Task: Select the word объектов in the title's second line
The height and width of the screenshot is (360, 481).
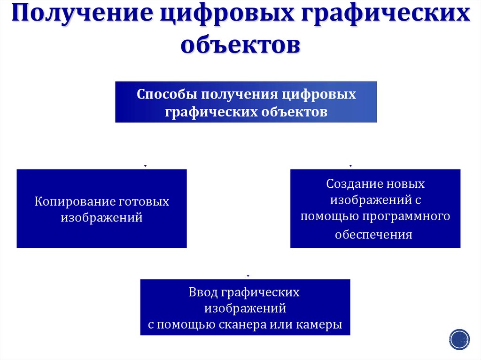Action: tap(240, 46)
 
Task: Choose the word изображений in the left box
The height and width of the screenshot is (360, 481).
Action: tap(101, 218)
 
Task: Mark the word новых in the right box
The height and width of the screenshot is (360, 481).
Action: tap(403, 184)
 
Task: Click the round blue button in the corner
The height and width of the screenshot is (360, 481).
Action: tap(459, 338)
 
